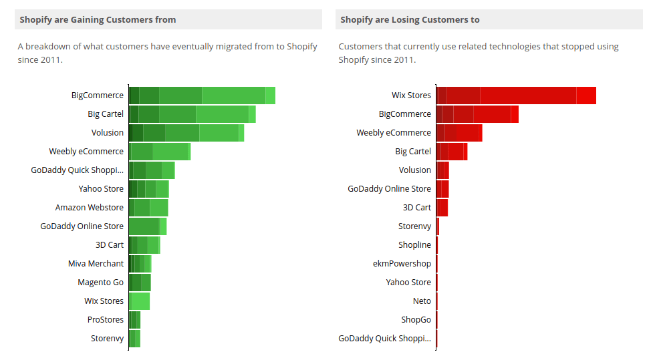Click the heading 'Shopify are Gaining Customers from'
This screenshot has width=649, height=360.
pyautogui.click(x=98, y=19)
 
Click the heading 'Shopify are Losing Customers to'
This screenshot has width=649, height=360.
pyautogui.click(x=410, y=19)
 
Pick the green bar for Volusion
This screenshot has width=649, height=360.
pyautogui.click(x=186, y=133)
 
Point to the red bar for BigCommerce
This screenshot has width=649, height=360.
pyautogui.click(x=477, y=114)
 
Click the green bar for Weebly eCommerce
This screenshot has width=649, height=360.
pyautogui.click(x=160, y=152)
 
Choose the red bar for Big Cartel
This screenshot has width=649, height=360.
pyautogui.click(x=452, y=152)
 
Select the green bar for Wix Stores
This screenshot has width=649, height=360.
pyautogui.click(x=140, y=301)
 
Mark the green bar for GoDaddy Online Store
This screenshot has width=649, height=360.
pyautogui.click(x=148, y=226)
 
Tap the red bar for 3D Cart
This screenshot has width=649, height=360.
pyautogui.click(x=442, y=208)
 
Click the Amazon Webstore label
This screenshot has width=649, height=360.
pyautogui.click(x=90, y=208)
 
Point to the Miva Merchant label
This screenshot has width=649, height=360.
pyautogui.click(x=96, y=264)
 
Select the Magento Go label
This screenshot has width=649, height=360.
pyautogui.click(x=100, y=283)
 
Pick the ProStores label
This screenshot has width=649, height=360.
pyautogui.click(x=105, y=320)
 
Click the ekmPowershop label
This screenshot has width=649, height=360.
pyautogui.click(x=402, y=264)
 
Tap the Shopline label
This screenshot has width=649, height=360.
pyautogui.click(x=414, y=245)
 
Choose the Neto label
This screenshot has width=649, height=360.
pyautogui.click(x=422, y=301)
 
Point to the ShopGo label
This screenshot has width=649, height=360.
pyautogui.click(x=416, y=320)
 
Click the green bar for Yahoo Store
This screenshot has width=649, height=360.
pyautogui.click(x=148, y=189)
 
